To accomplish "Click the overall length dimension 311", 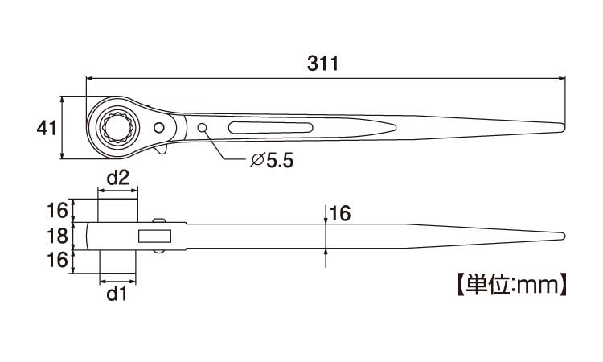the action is tap(322, 64).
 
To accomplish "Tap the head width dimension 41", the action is tap(47, 128).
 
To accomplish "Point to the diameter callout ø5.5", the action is tap(272, 160).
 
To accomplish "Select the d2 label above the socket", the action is tap(117, 178).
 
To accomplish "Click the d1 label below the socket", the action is tap(117, 294).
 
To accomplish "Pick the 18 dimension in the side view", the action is tap(57, 237).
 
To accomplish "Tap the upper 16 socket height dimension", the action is tap(57, 211).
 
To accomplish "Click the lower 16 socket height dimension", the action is tap(57, 260).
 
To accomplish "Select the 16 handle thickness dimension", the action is tap(340, 213).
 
